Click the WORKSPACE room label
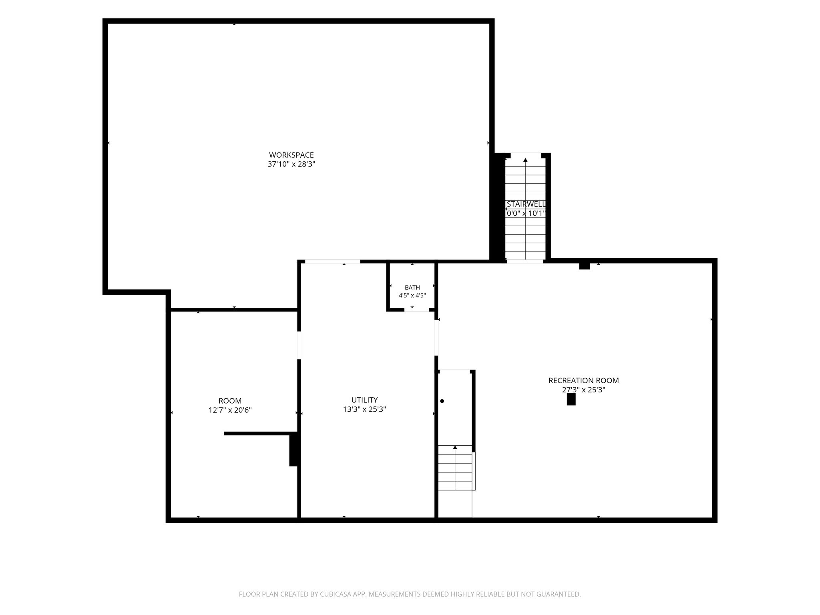tap(291, 155)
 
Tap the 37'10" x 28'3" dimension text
tap(291, 164)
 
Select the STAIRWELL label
tap(526, 204)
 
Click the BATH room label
tap(412, 287)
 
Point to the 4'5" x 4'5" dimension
tap(412, 295)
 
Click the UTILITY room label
tap(364, 400)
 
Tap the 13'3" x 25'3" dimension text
tap(364, 409)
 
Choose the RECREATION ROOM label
tap(583, 380)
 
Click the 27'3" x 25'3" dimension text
tap(583, 390)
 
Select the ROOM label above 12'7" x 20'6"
tap(230, 401)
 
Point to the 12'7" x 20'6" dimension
tap(230, 410)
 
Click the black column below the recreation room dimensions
tap(571, 399)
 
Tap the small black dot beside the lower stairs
tap(442, 401)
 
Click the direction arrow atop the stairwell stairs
tap(525, 160)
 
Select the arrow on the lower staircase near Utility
tap(455, 447)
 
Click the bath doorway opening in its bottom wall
tap(416, 310)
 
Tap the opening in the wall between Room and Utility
tap(299, 345)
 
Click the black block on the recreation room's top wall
tap(584, 266)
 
